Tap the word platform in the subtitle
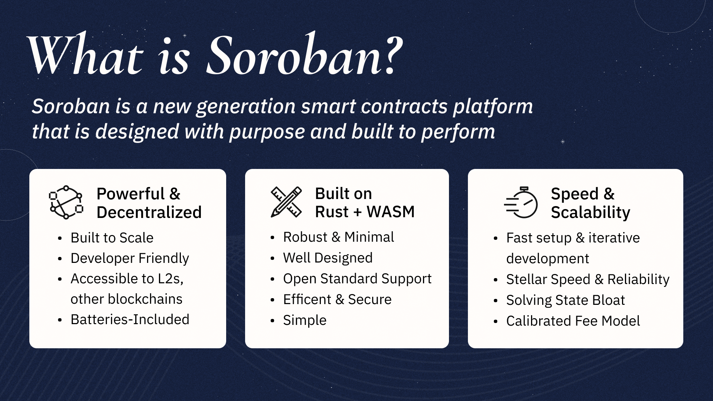point(493,107)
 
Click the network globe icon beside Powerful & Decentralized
point(66,202)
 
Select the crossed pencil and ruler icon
point(286,202)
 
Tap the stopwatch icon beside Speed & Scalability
point(521,202)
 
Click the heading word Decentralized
point(149,212)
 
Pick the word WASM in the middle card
point(390,212)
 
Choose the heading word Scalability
point(590,212)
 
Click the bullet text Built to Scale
point(112,238)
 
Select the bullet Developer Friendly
point(130,258)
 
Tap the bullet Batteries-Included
point(130,320)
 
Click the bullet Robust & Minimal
point(338,237)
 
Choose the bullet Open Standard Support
point(357,279)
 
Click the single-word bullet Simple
point(305,320)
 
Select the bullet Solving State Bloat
point(565,300)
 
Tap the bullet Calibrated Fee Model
point(573,321)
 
